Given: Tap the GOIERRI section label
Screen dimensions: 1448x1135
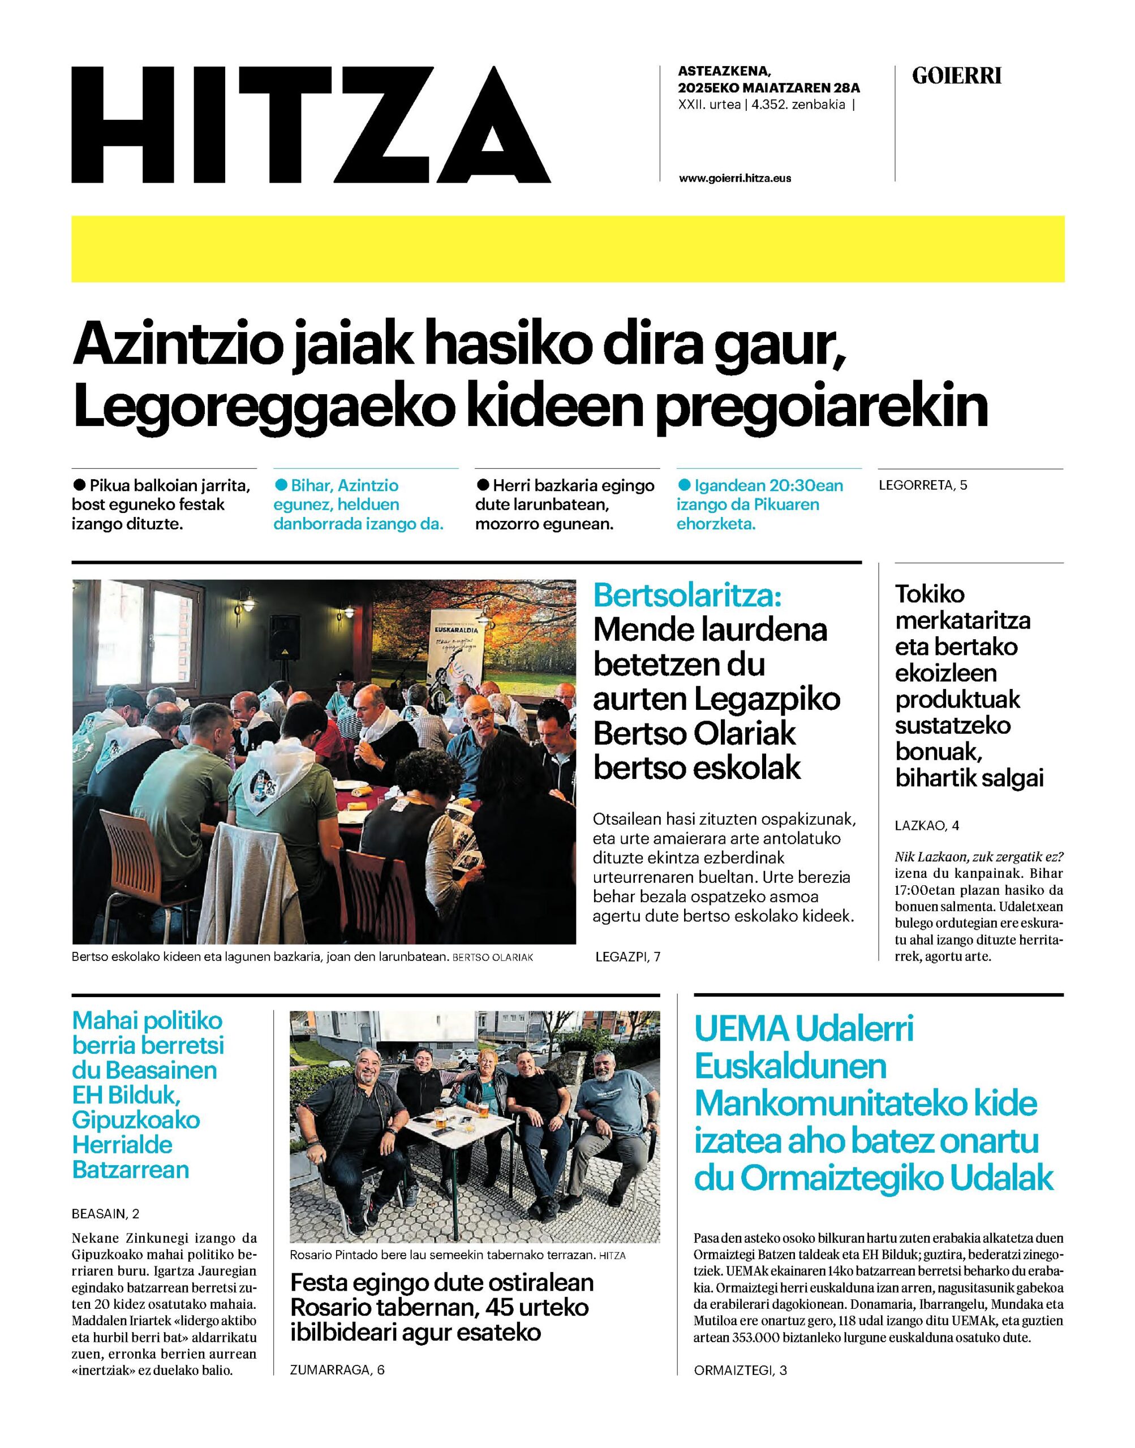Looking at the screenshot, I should [956, 76].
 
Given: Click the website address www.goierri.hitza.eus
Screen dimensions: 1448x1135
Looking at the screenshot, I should [734, 178].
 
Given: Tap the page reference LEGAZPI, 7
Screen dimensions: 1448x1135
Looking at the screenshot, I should [628, 956].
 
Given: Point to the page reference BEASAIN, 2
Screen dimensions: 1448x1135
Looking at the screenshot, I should [106, 1213].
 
